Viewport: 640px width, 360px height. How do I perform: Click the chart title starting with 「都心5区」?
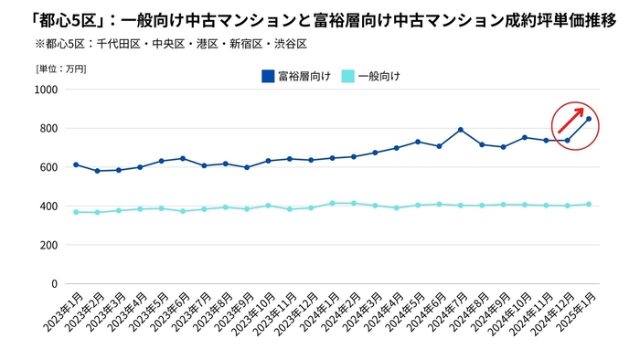(x=308, y=19)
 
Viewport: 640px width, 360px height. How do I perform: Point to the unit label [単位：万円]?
(x=61, y=68)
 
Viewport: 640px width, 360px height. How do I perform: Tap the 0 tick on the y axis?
(x=54, y=284)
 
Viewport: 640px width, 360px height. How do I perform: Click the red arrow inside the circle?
(x=571, y=120)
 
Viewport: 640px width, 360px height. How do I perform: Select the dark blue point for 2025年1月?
(x=589, y=119)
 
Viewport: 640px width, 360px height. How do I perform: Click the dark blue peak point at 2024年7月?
(x=461, y=130)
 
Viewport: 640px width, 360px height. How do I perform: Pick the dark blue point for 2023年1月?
(x=76, y=165)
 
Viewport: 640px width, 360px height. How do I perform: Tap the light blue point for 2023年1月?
(x=76, y=212)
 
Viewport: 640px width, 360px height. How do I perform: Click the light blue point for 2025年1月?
(x=589, y=205)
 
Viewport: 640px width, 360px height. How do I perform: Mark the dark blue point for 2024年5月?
(x=418, y=142)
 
